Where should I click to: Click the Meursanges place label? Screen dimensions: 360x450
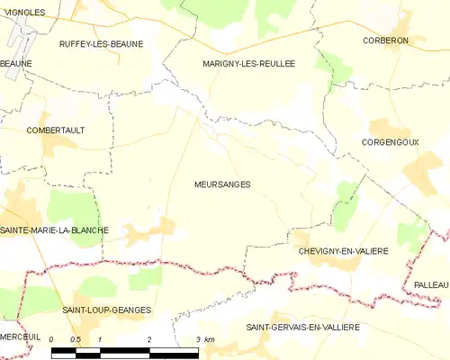[x=221, y=184]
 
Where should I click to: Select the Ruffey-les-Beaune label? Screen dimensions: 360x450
[x=101, y=43]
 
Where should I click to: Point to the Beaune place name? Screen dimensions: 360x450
[x=16, y=64]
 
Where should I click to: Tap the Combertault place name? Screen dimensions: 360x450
[x=56, y=130]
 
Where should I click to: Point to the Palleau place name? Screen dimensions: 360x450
[x=431, y=284]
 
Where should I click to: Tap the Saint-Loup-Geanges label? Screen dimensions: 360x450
[x=106, y=310]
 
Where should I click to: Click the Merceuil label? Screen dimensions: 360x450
[x=21, y=336]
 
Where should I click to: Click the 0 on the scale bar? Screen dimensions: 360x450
[x=52, y=338]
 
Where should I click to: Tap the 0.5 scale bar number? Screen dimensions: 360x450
[x=76, y=338]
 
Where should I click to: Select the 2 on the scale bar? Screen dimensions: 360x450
[x=148, y=338]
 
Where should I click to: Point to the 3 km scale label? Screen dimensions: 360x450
[x=204, y=338]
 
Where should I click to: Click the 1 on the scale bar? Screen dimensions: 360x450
[x=100, y=338]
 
